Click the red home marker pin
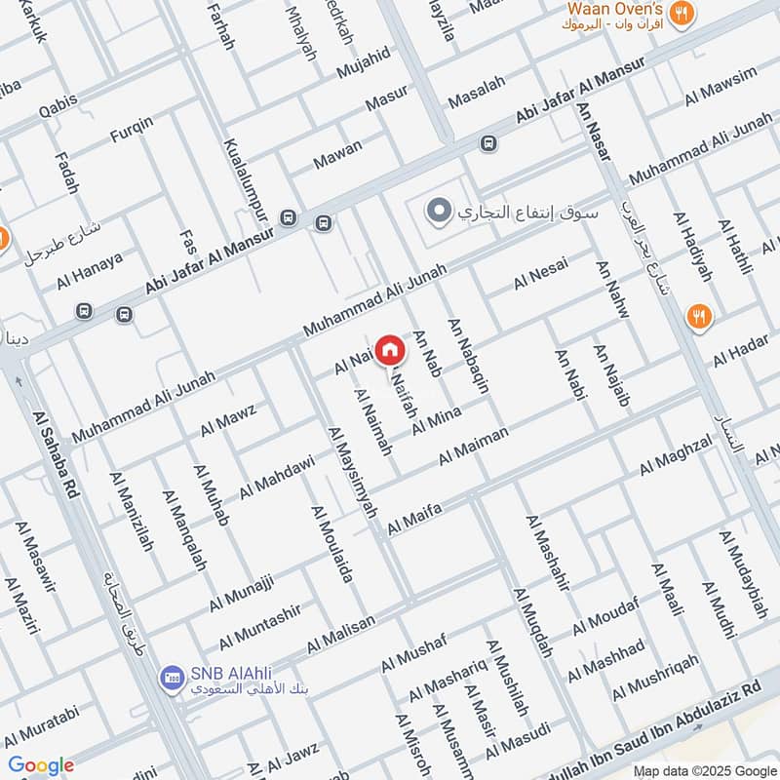click(x=390, y=349)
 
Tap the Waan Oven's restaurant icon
click(x=682, y=13)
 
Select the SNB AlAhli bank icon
click(x=173, y=675)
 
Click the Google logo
click(x=40, y=765)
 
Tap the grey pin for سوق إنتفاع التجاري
click(x=440, y=211)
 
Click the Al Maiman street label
click(x=474, y=445)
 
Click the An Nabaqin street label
click(x=468, y=355)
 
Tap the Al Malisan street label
click(x=341, y=635)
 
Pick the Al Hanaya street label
click(x=90, y=269)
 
